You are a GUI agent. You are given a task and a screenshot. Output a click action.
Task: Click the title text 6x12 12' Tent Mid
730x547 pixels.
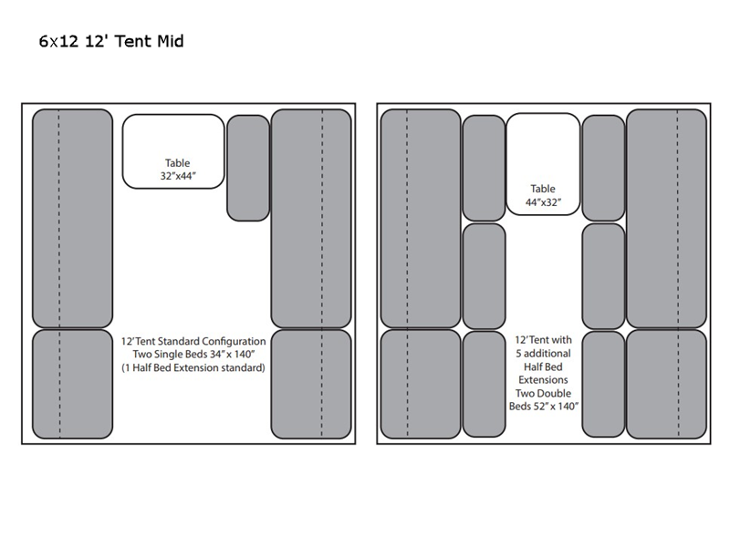(111, 42)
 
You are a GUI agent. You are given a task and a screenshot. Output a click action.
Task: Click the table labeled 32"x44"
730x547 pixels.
(173, 151)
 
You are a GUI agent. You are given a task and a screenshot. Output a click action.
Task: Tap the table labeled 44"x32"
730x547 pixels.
(543, 164)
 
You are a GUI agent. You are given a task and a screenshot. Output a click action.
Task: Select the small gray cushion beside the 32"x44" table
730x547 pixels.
(248, 168)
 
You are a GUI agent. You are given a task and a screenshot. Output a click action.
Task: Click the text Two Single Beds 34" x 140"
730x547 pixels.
(193, 354)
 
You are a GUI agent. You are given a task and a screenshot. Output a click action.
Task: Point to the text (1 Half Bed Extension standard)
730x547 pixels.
(193, 368)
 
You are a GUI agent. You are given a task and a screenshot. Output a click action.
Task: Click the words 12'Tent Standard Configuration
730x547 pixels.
(193, 340)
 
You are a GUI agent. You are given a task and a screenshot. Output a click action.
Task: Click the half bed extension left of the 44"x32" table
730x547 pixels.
(484, 168)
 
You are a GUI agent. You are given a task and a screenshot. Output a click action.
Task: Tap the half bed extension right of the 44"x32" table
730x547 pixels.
(603, 168)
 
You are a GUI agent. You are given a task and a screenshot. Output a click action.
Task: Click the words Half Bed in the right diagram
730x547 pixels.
(543, 366)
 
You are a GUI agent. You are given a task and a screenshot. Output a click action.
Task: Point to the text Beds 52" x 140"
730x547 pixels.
(543, 407)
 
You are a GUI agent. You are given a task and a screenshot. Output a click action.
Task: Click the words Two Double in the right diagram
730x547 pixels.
(543, 393)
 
